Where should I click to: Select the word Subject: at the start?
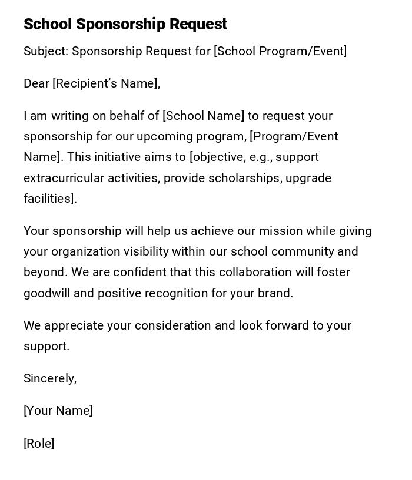(x=46, y=51)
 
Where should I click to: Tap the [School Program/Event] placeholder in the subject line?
(x=280, y=51)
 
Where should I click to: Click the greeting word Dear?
(x=36, y=83)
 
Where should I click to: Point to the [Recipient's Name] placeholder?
(x=106, y=83)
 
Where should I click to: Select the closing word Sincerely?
(x=50, y=378)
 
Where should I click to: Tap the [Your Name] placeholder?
(x=58, y=411)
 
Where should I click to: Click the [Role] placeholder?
(x=39, y=444)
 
